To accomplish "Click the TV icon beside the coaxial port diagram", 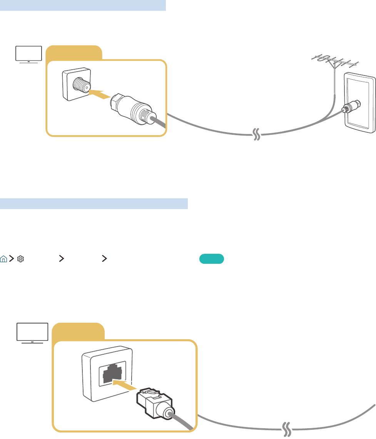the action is (x=28, y=54).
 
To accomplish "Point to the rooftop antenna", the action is (x=334, y=63).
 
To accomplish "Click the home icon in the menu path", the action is (x=3, y=259).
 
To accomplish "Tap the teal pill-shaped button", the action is (x=212, y=259).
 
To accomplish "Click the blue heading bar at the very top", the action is (x=83, y=5).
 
